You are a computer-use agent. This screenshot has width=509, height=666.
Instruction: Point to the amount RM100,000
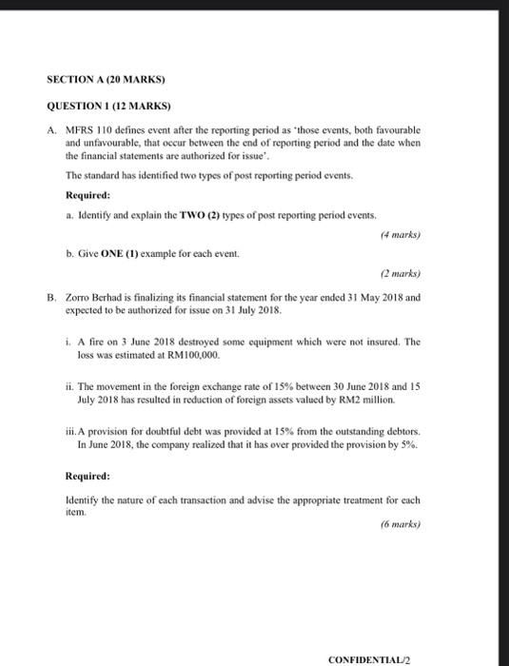194,354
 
